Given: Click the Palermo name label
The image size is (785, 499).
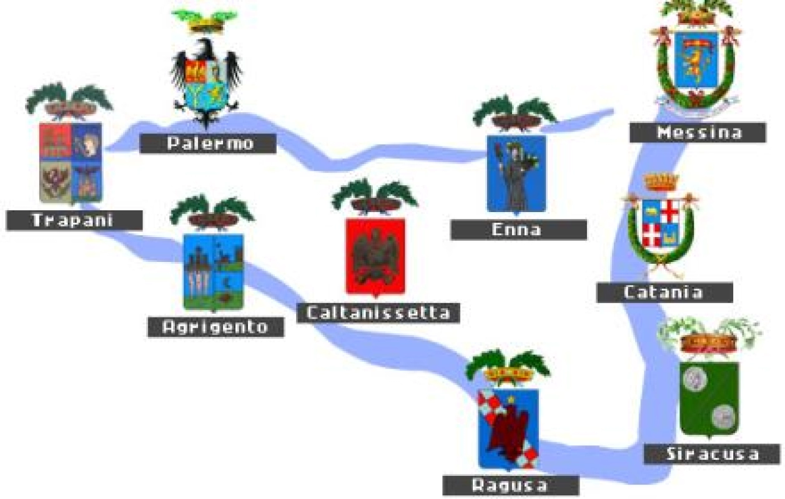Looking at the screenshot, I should (x=207, y=143).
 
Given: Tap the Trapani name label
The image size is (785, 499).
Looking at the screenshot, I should (x=74, y=220).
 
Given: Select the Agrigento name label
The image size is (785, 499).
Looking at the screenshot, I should (x=215, y=326).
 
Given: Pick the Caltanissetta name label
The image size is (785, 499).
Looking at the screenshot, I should (x=378, y=312).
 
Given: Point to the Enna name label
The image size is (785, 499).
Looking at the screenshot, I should (x=518, y=230).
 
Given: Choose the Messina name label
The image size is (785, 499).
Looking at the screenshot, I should (x=697, y=132).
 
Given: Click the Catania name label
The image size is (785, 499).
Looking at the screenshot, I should (x=664, y=292).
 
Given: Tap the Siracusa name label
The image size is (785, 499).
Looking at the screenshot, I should (x=712, y=453).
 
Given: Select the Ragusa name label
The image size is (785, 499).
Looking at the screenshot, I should (x=510, y=485).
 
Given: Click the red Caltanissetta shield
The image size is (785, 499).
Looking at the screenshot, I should (x=375, y=256).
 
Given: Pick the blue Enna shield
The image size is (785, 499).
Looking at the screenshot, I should (x=516, y=173).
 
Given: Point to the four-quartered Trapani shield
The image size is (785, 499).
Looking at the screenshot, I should (x=71, y=162).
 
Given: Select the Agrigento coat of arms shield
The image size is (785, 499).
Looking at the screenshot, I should (x=214, y=271).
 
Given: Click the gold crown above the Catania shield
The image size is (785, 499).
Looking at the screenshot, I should (x=661, y=182).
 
